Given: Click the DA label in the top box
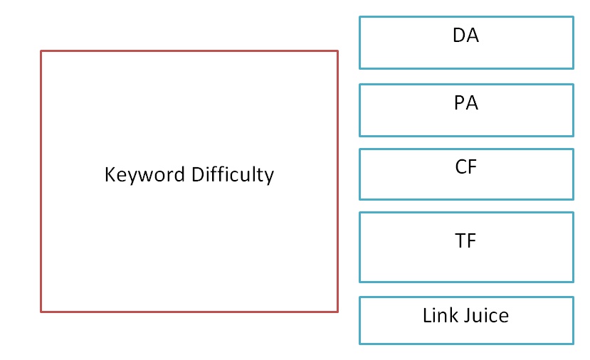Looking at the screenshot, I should click(465, 36).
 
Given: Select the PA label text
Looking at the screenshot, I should click(465, 103).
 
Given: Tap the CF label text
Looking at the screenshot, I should click(465, 167).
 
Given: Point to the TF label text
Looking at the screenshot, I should click(465, 241).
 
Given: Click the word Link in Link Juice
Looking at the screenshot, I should click(438, 315).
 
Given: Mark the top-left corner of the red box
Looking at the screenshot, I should click(41, 51).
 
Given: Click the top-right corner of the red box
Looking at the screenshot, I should click(337, 51).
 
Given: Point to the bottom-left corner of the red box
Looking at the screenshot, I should click(41, 311).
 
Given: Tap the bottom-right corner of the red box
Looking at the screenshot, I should click(337, 311).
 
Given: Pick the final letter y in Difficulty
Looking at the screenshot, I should click(269, 176).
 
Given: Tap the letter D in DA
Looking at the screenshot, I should click(459, 36).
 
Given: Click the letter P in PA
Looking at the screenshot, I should click(460, 103).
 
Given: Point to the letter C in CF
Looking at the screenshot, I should click(460, 167).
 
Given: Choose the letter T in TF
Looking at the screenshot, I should click(460, 241).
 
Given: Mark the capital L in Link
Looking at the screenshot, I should click(427, 315).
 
